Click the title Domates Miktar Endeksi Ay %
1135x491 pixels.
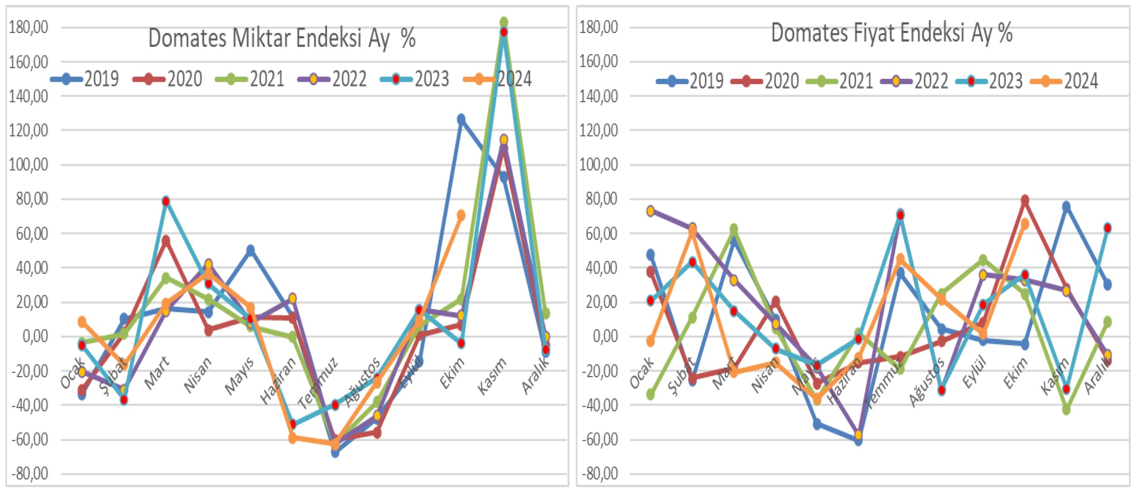coord(281,38)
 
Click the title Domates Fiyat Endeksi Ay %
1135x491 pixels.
coord(891,33)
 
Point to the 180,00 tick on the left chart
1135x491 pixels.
coord(29,28)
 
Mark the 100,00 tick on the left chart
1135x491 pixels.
coord(29,165)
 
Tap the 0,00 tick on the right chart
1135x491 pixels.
coord(605,336)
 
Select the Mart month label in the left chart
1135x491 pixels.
coord(157,372)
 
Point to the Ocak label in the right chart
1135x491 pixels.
coord(642,372)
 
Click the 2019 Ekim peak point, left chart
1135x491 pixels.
coord(461,119)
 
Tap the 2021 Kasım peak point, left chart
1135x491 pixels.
coord(504,22)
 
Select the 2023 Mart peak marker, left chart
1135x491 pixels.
coord(166,201)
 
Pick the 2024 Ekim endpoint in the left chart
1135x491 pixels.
coord(461,215)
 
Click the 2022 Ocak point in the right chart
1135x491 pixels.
coord(650,211)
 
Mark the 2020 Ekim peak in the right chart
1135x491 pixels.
coord(1025,200)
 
